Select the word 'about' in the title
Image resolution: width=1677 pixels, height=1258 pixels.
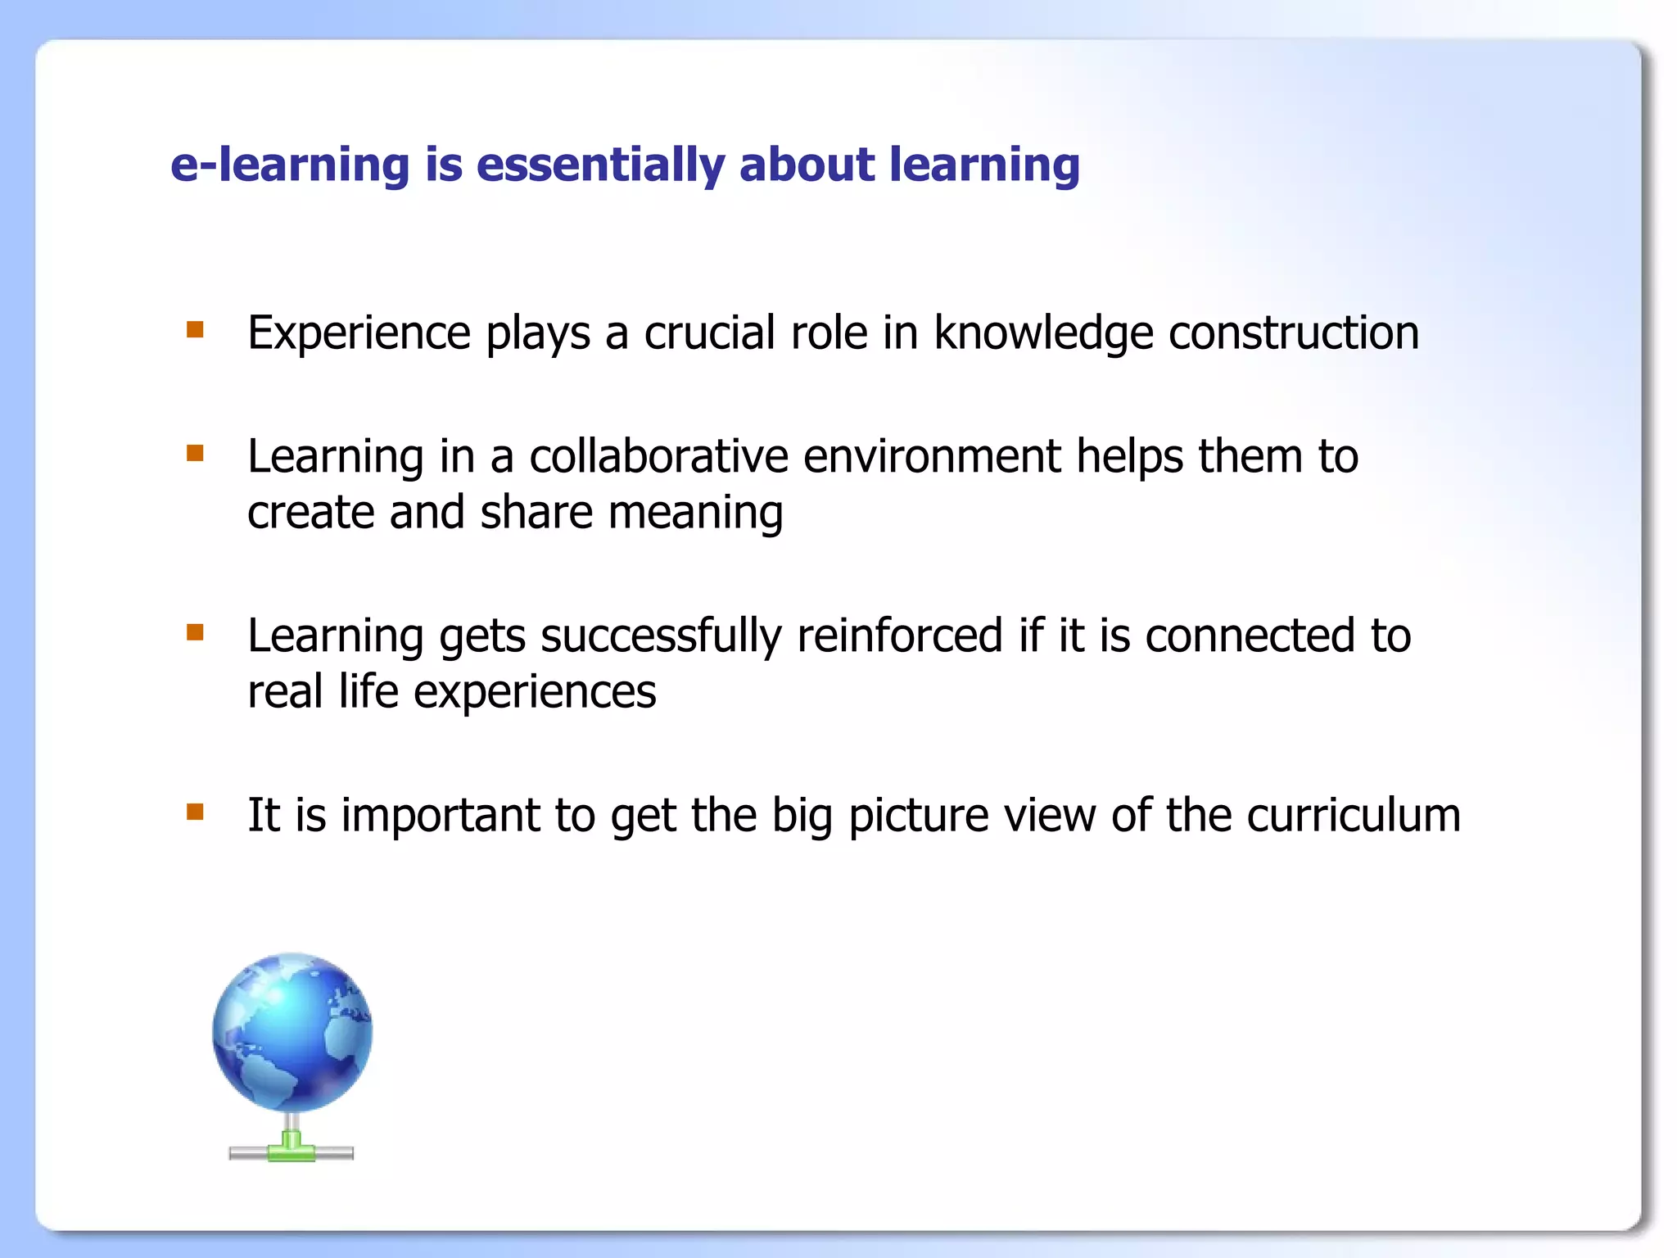point(807,165)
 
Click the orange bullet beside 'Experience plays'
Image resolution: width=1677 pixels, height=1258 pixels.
point(195,329)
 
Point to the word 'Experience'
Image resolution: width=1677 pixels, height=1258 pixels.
point(359,333)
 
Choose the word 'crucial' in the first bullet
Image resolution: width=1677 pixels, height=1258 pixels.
point(709,333)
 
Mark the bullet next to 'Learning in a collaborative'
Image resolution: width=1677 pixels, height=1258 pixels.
point(195,453)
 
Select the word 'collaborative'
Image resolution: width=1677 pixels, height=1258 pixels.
point(658,456)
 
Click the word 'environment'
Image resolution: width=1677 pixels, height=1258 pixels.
point(931,456)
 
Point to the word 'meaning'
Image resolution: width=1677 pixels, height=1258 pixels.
point(695,514)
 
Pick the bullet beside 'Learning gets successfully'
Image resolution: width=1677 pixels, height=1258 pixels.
point(195,632)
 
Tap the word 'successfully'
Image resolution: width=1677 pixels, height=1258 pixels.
point(660,636)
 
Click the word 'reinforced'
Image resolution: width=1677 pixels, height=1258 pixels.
point(899,636)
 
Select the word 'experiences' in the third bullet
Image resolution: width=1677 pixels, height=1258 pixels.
point(534,692)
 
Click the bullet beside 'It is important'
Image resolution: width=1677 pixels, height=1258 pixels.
point(195,812)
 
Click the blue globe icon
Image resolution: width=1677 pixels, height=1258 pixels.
point(292,1032)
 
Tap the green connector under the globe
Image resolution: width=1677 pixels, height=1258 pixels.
point(292,1147)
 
